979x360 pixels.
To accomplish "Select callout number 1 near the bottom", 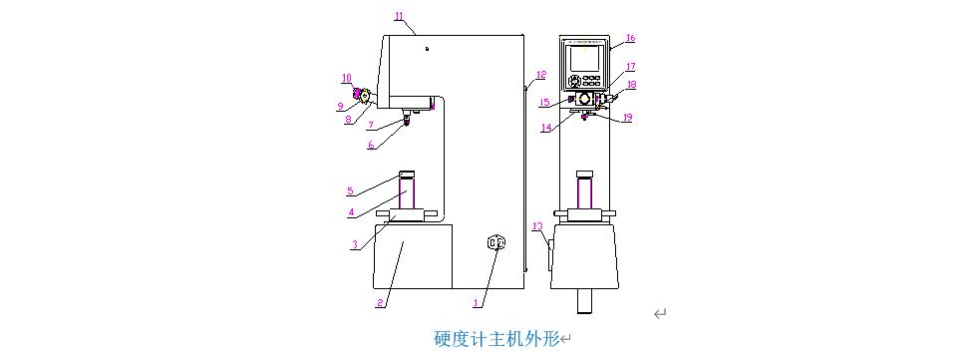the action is (477, 303).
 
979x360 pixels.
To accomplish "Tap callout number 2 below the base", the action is (379, 303).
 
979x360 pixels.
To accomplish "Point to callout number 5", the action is (350, 190).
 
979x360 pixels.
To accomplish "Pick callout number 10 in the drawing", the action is (347, 78).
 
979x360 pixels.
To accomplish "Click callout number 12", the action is (540, 75).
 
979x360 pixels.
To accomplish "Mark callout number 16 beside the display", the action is (630, 38).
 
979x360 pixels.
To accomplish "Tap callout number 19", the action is (627, 117).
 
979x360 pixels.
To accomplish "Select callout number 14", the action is (546, 128).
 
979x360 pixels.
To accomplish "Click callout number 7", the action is (370, 125).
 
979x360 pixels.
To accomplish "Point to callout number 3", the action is (354, 245).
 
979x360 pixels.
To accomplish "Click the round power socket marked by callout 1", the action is (496, 242).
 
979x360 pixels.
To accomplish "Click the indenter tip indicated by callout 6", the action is (407, 123).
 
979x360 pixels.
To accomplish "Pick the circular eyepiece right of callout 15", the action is (585, 99).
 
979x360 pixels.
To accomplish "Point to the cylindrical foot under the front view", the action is (584, 300).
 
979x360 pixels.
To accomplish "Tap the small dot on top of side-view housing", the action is (427, 48).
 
